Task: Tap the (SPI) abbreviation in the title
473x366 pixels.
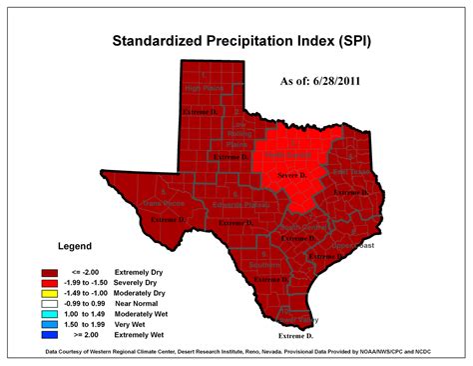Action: tap(357, 41)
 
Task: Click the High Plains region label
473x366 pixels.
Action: tap(205, 88)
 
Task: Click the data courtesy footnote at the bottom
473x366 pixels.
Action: tap(236, 353)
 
